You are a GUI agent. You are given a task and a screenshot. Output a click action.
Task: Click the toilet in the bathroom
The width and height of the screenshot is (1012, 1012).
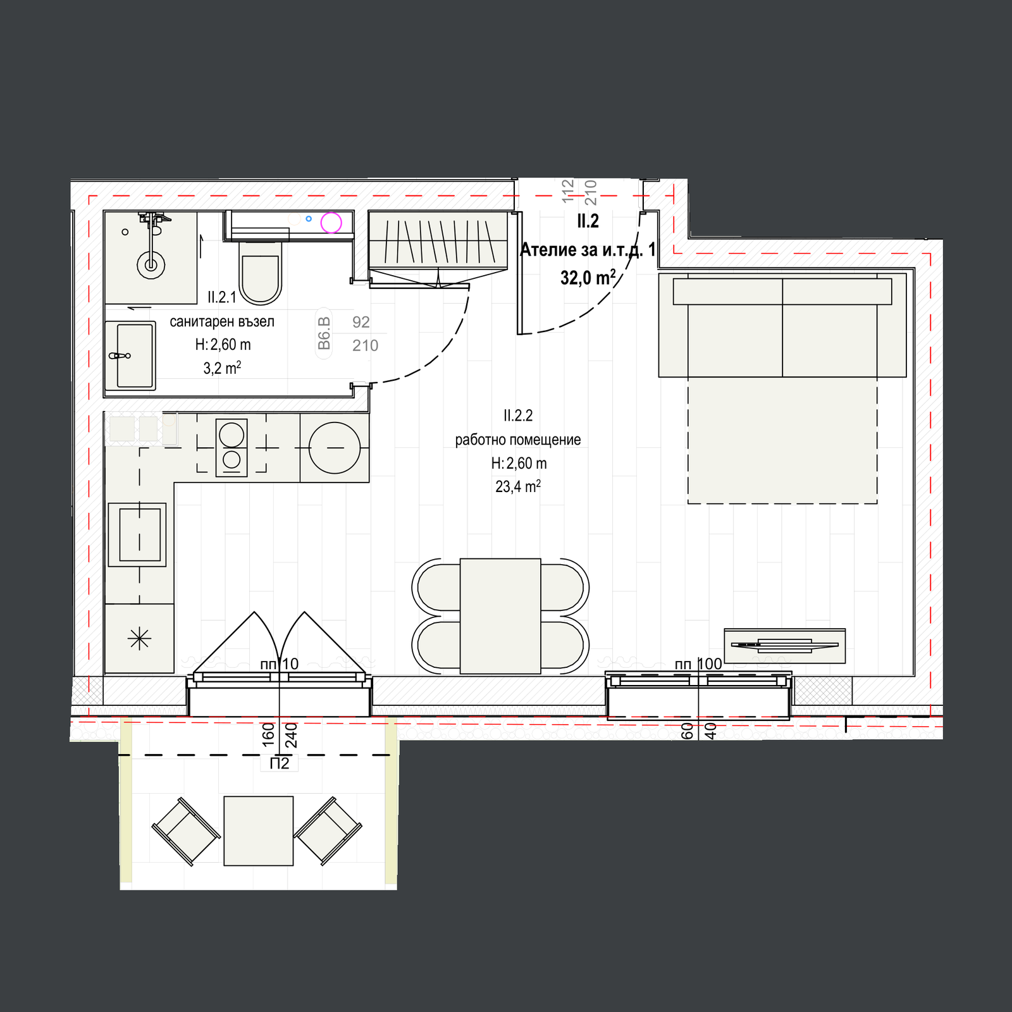pyautogui.click(x=261, y=279)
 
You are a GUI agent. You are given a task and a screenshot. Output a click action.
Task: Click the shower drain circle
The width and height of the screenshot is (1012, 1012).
pyautogui.click(x=151, y=265)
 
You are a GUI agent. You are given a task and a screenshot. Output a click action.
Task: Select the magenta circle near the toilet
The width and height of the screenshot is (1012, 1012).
pyautogui.click(x=331, y=223)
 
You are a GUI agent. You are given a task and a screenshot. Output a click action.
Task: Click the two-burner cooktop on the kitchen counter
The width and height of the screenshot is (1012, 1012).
pyautogui.click(x=231, y=447)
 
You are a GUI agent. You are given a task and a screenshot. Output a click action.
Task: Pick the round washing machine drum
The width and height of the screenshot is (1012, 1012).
pyautogui.click(x=335, y=448)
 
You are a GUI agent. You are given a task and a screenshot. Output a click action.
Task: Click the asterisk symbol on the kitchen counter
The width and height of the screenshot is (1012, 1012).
pyautogui.click(x=139, y=639)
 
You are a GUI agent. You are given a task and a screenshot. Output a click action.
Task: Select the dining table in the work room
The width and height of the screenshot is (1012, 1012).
pyautogui.click(x=500, y=616)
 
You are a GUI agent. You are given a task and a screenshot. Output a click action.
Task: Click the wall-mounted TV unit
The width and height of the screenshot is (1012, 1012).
pyautogui.click(x=784, y=645)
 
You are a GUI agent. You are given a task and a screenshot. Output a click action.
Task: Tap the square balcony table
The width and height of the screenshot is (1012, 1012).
pyautogui.click(x=259, y=830)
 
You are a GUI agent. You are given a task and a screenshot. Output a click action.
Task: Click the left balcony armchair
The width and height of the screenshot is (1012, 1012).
pyautogui.click(x=186, y=831)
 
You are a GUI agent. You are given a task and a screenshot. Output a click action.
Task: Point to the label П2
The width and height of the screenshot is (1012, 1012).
pyautogui.click(x=279, y=763)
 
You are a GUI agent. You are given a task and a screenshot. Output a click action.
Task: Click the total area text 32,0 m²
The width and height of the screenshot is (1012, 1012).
pyautogui.click(x=588, y=277)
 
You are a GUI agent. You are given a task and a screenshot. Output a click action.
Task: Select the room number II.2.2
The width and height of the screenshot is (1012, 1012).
pyautogui.click(x=518, y=416)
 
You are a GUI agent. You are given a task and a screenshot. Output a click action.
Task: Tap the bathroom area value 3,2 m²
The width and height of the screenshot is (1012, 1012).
pyautogui.click(x=222, y=368)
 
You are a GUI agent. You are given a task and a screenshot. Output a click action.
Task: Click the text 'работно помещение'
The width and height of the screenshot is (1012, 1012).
pyautogui.click(x=518, y=440)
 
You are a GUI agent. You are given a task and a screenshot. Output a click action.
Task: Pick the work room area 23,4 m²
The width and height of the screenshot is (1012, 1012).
pyautogui.click(x=518, y=486)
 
